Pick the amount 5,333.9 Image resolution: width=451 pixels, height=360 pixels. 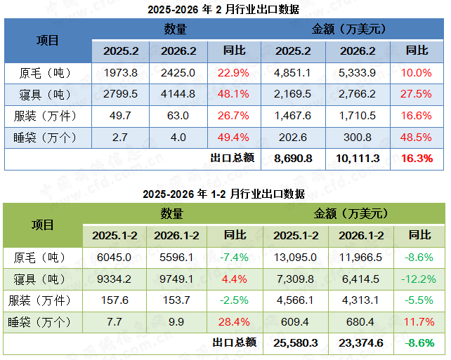pyautogui.click(x=358, y=72)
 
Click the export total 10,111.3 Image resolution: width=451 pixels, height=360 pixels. pyautogui.click(x=358, y=159)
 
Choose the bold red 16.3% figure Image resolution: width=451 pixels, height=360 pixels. pyautogui.click(x=417, y=159)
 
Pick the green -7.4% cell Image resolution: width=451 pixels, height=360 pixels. pyautogui.click(x=234, y=257)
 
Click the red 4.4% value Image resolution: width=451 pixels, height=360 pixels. pyautogui.click(x=234, y=279)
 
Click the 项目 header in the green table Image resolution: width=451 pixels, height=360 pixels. pyautogui.click(x=44, y=225)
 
